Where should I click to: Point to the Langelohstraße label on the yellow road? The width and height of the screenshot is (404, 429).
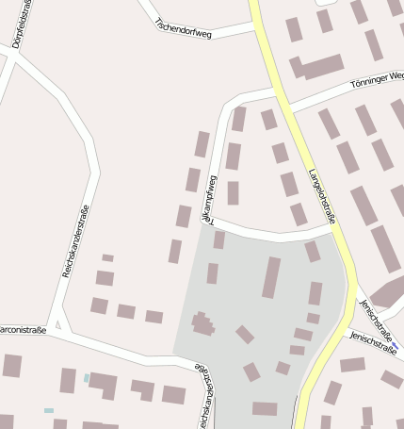322,197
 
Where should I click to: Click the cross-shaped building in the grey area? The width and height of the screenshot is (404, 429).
202,324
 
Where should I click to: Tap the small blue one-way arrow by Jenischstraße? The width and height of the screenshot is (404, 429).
396,347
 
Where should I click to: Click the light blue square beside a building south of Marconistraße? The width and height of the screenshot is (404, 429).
87,378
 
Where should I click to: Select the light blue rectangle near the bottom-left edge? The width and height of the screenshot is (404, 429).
49,410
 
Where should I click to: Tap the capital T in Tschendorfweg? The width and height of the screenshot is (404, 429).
159,18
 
